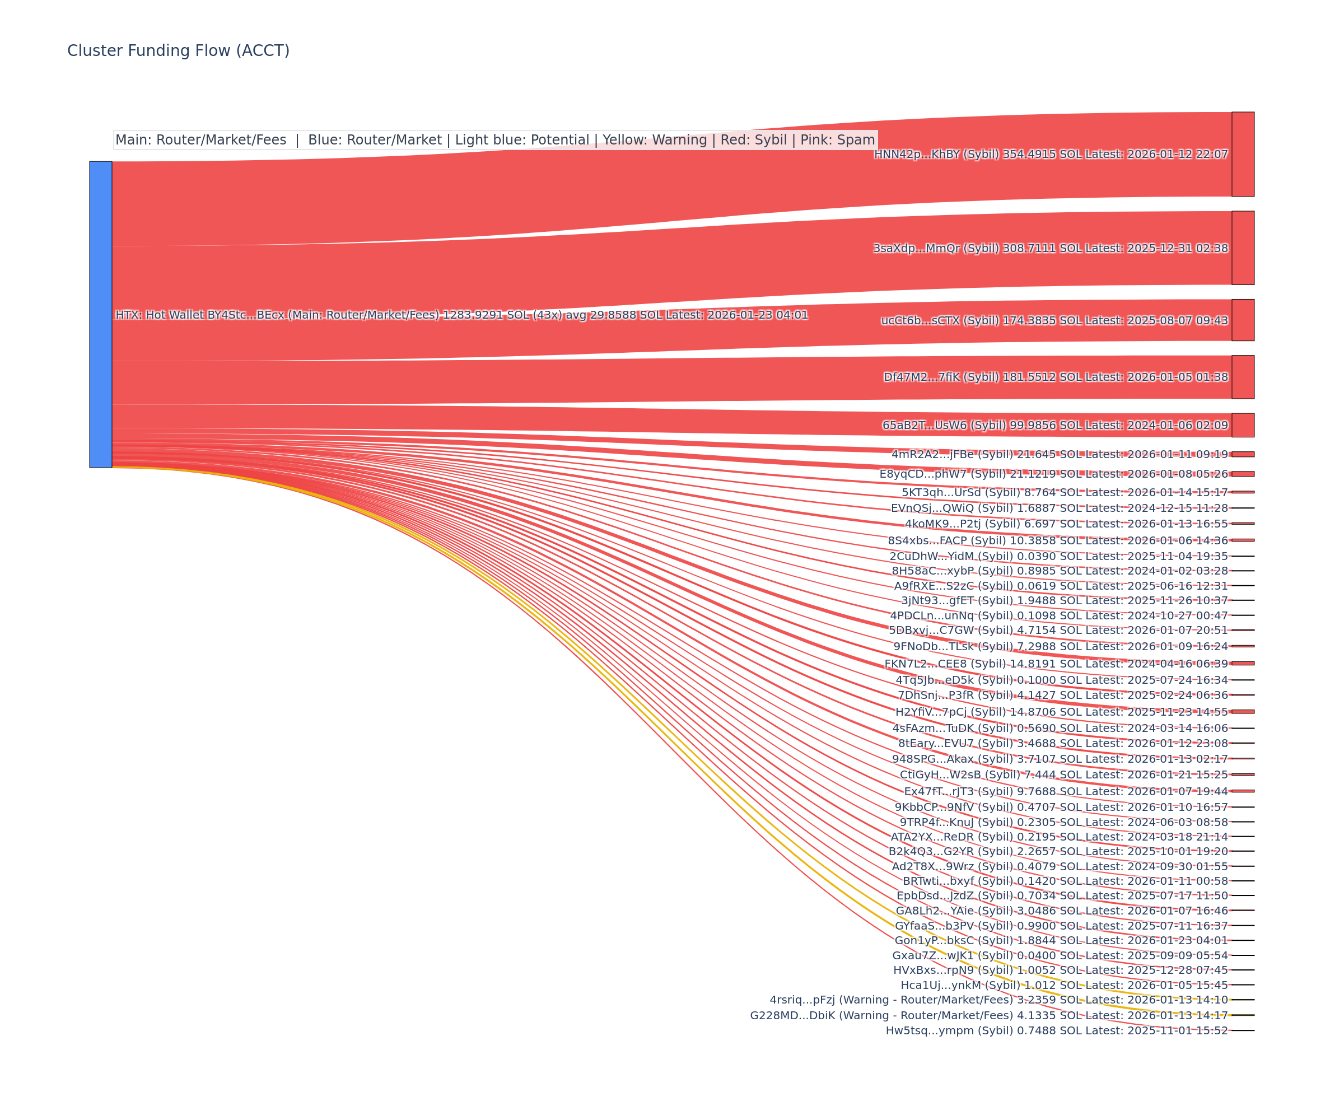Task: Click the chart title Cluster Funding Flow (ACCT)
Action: (178, 50)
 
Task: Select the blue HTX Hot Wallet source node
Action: (100, 314)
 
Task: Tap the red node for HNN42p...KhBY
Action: (1243, 154)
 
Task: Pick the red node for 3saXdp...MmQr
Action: (1243, 248)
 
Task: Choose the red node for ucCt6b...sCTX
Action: (1243, 320)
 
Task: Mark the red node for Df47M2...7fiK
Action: (1243, 377)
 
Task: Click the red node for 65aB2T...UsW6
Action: (1243, 425)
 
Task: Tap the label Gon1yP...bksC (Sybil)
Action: (954, 940)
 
